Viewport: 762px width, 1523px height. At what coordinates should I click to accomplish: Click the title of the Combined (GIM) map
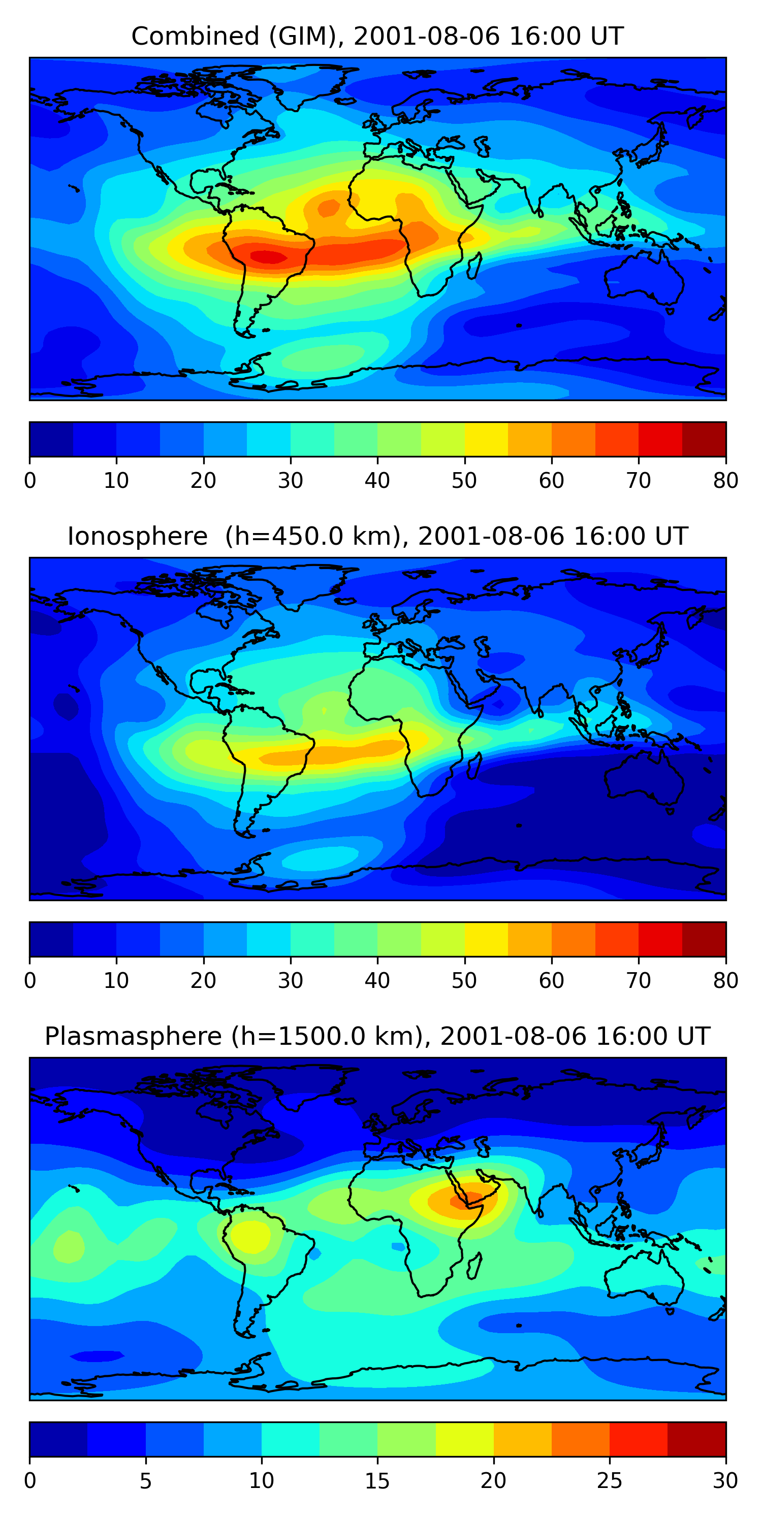(x=377, y=37)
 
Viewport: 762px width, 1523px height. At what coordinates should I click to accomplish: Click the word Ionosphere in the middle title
(x=137, y=536)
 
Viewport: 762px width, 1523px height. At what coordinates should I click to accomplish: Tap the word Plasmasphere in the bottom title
(x=133, y=1037)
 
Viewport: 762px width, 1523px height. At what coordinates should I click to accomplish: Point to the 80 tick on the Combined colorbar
(x=725, y=481)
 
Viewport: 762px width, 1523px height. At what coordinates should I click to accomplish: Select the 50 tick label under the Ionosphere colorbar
(x=464, y=980)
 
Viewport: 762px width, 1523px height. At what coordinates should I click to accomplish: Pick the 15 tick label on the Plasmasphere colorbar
(x=377, y=1480)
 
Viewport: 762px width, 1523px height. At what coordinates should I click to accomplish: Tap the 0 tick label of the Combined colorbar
(x=30, y=481)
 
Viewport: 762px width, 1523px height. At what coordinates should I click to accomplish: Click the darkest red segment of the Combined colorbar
(x=704, y=439)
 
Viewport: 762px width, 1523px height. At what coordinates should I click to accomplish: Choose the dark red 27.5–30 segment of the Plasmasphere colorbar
(x=696, y=1439)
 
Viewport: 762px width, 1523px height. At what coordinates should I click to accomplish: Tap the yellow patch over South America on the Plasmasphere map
(x=250, y=1236)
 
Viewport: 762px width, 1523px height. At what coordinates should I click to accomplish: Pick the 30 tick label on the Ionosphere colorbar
(x=290, y=980)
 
